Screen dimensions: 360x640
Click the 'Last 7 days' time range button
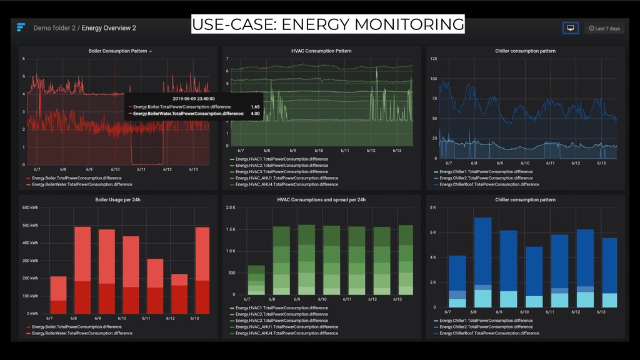(x=604, y=28)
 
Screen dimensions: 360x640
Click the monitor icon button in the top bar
(x=569, y=28)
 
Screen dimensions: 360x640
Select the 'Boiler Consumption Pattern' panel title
(x=118, y=51)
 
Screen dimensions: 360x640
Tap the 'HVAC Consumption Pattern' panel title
(x=321, y=51)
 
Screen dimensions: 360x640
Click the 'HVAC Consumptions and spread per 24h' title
(x=321, y=200)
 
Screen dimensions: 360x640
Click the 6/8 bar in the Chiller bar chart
(x=482, y=262)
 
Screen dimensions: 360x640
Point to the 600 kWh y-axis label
(x=30, y=207)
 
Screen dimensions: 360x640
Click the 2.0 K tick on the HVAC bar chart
(x=231, y=207)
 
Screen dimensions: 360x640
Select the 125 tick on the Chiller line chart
(x=433, y=59)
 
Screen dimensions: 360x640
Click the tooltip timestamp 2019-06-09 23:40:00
(x=194, y=98)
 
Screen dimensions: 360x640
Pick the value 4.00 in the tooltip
(x=255, y=114)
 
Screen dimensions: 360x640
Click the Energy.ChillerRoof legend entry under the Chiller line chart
(x=489, y=184)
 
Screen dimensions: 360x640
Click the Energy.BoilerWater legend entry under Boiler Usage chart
(x=82, y=333)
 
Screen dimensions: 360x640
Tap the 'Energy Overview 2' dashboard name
(x=109, y=28)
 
